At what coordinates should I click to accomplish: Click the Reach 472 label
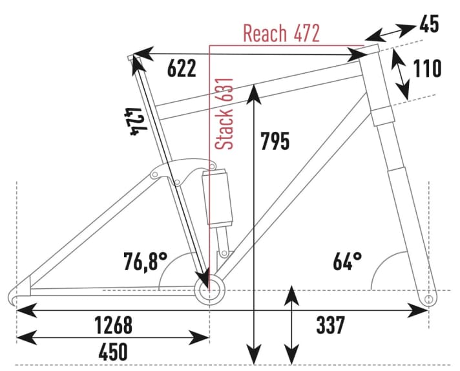click(x=281, y=34)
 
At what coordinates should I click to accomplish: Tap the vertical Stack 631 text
click(x=224, y=116)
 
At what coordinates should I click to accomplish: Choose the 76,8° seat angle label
click(x=145, y=262)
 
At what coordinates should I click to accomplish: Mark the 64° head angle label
click(x=347, y=262)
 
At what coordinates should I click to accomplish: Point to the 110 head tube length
click(x=426, y=69)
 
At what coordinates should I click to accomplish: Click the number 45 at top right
click(x=428, y=24)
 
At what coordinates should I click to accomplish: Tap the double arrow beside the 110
click(x=402, y=74)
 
